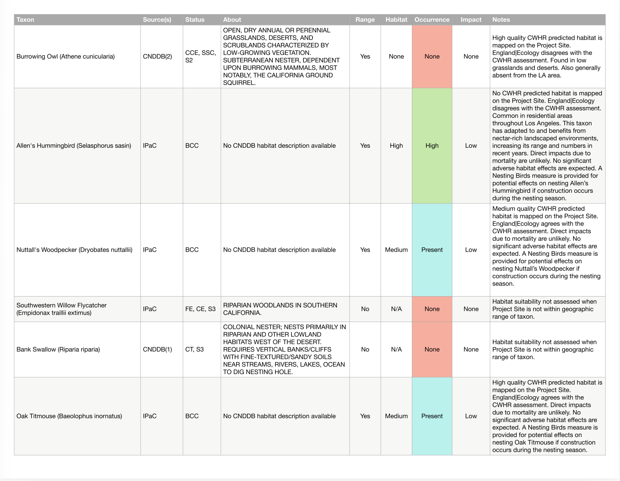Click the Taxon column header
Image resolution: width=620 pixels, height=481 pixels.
pyautogui.click(x=25, y=20)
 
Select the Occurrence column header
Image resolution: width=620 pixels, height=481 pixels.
pyautogui.click(x=432, y=20)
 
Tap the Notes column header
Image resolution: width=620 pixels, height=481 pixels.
pyautogui.click(x=501, y=20)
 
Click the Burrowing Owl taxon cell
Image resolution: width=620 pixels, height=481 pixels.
pyautogui.click(x=65, y=56)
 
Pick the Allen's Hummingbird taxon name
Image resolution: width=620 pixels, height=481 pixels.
pyautogui.click(x=73, y=146)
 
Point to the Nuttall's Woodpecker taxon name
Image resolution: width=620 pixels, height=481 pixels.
pyautogui.click(x=74, y=250)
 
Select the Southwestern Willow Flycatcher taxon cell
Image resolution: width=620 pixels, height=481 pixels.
pyautogui.click(x=61, y=309)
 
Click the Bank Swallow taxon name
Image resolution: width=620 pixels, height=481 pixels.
pyautogui.click(x=58, y=349)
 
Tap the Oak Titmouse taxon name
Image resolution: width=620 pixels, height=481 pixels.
pyautogui.click(x=69, y=416)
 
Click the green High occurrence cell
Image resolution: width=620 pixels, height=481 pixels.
pyautogui.click(x=432, y=146)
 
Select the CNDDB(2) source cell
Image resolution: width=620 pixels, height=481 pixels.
pyautogui.click(x=157, y=56)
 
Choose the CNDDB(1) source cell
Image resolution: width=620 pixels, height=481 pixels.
pyautogui.click(x=157, y=349)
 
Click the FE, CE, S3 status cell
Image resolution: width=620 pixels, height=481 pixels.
pyautogui.click(x=200, y=309)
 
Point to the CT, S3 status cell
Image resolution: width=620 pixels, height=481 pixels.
pyautogui.click(x=194, y=349)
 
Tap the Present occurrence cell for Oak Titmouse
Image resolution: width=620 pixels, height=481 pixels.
pyautogui.click(x=432, y=416)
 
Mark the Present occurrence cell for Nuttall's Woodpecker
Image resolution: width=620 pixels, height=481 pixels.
pyautogui.click(x=432, y=250)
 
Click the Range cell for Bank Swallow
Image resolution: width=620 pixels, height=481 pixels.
pyautogui.click(x=365, y=349)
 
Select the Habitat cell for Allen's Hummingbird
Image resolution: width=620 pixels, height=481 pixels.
pyautogui.click(x=396, y=146)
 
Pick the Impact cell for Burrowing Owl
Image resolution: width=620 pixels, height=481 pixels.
pyautogui.click(x=471, y=56)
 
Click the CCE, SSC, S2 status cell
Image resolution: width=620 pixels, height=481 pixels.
pyautogui.click(x=200, y=56)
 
